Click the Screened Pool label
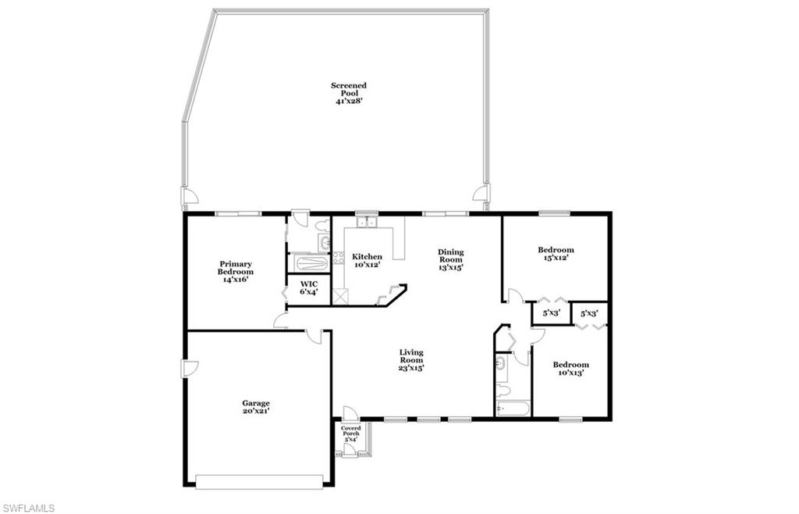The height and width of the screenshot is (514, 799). tap(348, 93)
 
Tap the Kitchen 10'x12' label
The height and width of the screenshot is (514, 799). tap(367, 261)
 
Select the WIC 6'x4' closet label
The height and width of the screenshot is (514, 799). tap(309, 287)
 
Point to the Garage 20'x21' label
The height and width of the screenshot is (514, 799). tap(255, 407)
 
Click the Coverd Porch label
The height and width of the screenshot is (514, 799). tap(351, 434)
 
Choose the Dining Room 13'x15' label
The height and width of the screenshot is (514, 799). tap(450, 259)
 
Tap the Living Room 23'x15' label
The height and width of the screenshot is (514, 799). tap(411, 359)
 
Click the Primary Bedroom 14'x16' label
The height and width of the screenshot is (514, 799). tap(235, 271)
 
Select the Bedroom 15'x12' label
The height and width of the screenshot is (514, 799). tap(556, 254)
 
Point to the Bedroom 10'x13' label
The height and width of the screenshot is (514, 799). tap(570, 368)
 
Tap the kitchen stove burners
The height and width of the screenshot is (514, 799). tap(339, 259)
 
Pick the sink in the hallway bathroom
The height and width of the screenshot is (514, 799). tap(502, 363)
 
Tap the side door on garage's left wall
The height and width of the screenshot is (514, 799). tap(186, 369)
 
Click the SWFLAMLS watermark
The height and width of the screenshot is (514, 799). tap(28, 509)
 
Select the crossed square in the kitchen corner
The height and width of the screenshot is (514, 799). tap(339, 295)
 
